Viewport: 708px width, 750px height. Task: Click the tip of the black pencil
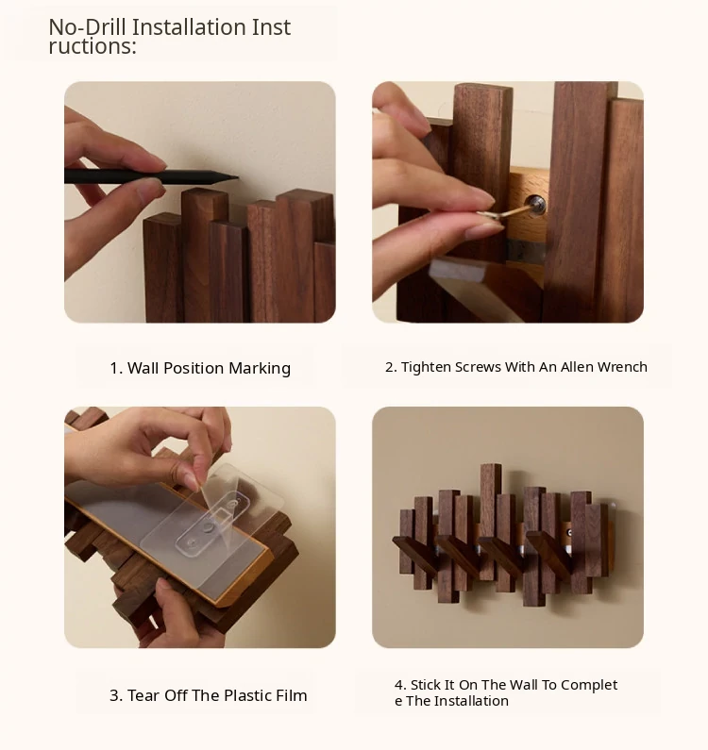[237, 178]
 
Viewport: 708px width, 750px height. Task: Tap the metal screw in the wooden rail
[535, 205]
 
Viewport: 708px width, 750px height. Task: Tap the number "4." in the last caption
[400, 685]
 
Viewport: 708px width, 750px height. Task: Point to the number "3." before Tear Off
[116, 695]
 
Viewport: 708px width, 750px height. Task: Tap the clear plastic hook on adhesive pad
[212, 524]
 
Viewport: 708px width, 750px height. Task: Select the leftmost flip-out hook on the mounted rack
[415, 556]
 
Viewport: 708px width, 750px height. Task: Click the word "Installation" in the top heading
[189, 26]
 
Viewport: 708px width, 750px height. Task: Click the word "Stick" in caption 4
[426, 685]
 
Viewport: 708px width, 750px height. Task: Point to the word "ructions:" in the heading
[93, 46]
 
